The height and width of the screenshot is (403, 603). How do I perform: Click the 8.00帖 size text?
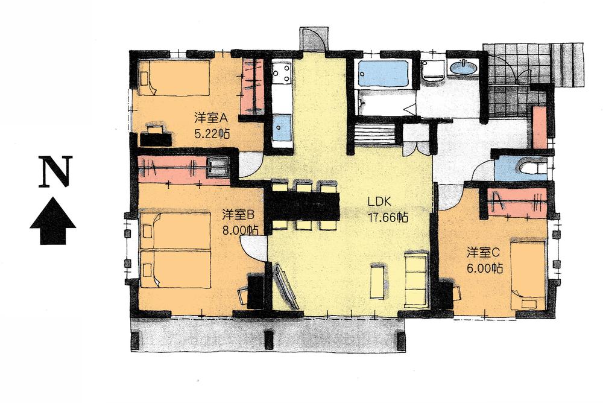(240, 230)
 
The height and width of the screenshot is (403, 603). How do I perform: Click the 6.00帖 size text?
(485, 268)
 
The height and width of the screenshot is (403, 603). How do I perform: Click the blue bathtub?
(383, 75)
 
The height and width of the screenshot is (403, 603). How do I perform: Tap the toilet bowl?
(531, 168)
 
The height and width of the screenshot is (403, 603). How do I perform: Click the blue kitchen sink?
(281, 127)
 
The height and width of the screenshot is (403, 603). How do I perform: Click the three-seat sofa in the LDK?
(415, 279)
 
